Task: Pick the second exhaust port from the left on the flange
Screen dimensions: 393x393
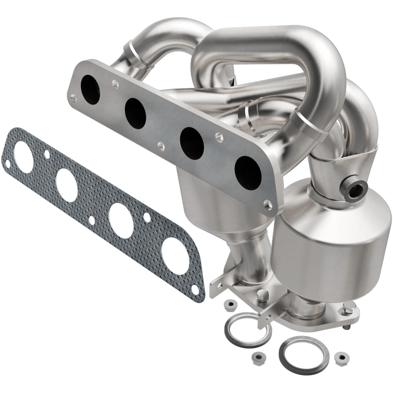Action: coord(135,112)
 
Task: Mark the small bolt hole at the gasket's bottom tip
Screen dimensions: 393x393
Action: coord(195,288)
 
